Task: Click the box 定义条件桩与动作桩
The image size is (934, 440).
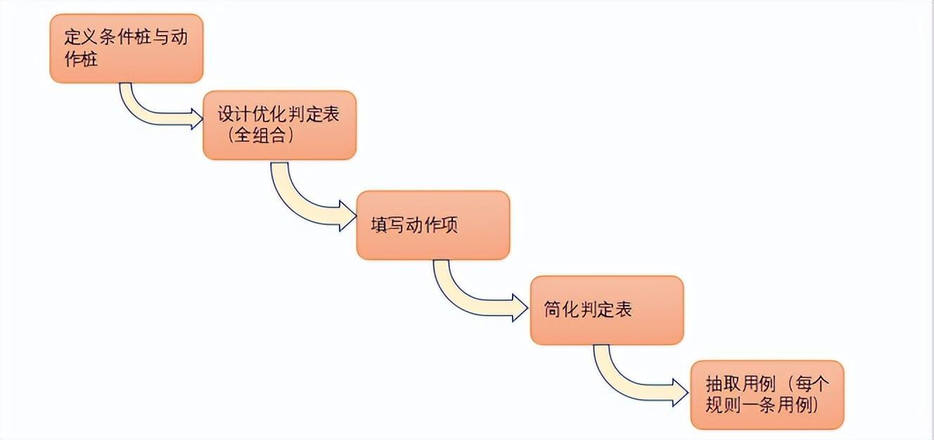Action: coord(127,48)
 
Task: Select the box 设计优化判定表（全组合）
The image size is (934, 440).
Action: coord(279,125)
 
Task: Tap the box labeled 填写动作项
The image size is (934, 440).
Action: coord(433,225)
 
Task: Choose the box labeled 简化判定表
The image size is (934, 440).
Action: coord(606,310)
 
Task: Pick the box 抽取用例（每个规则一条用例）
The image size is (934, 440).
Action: coord(767,394)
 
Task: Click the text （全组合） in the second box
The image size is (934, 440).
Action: coord(258,136)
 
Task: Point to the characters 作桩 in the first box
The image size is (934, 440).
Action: coord(79,59)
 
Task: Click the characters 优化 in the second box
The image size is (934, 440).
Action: coord(277,115)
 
